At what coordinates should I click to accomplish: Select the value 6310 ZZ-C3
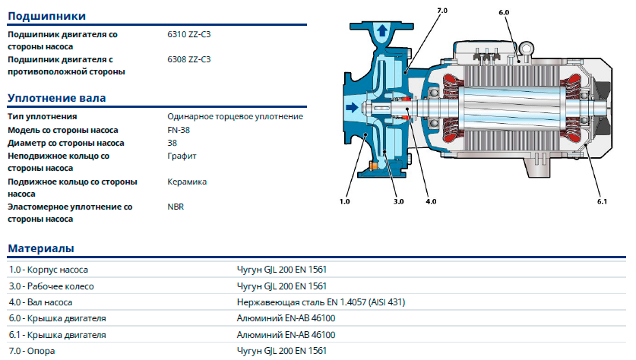point(188,34)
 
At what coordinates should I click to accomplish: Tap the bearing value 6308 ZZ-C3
point(188,59)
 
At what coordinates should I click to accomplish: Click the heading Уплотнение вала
point(56,98)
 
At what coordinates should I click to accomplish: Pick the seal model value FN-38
point(179,130)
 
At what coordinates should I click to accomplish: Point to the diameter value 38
point(172,143)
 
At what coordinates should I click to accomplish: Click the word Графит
point(182,156)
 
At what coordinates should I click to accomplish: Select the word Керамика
point(186,182)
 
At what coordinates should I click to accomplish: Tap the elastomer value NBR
point(176,207)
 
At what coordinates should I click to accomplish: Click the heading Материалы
point(41,248)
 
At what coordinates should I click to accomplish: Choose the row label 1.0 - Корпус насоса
point(49,270)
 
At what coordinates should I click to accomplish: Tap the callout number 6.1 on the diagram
point(603,201)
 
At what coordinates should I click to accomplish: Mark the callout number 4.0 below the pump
point(431,201)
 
